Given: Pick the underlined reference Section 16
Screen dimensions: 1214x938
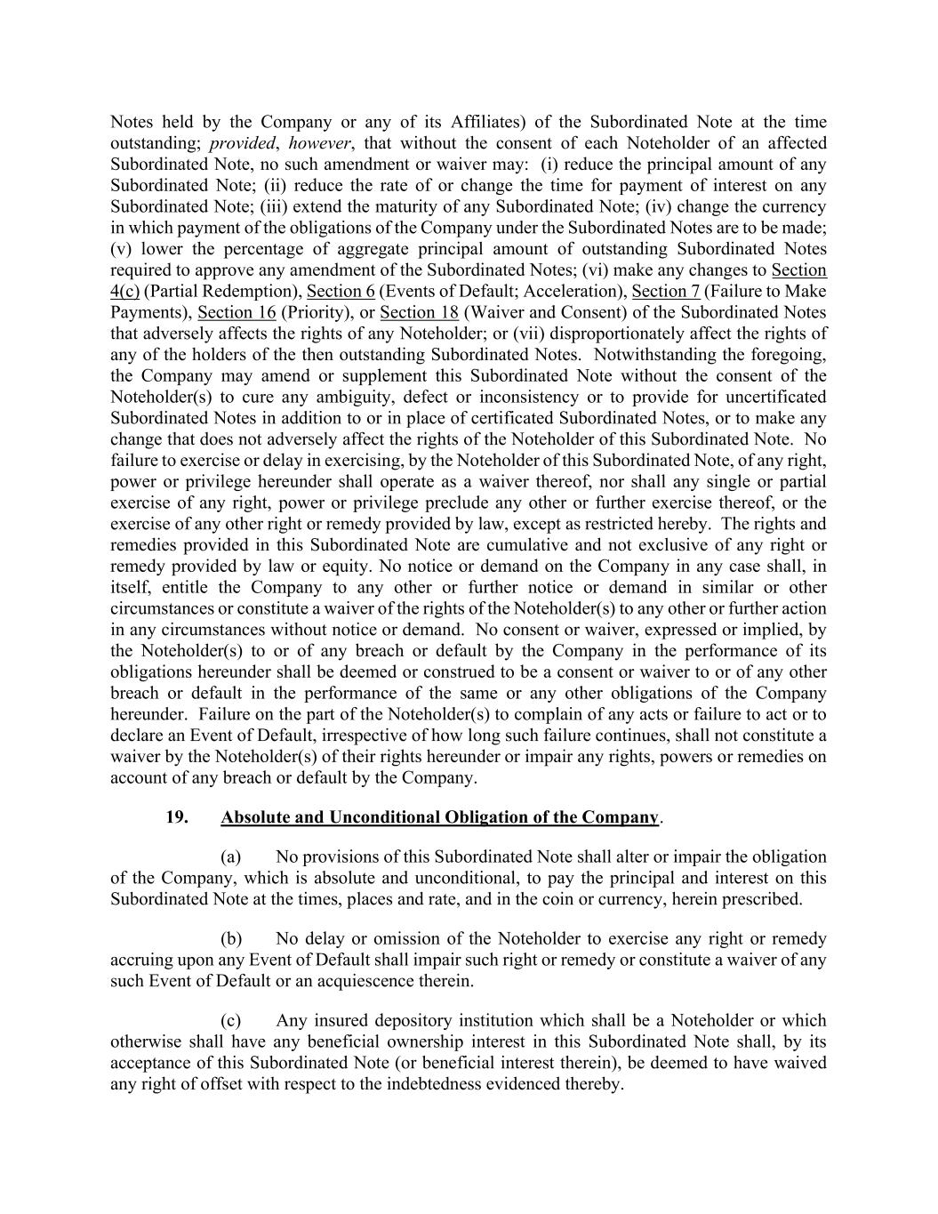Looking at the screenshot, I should click(237, 313).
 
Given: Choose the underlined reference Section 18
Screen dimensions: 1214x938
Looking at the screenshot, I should click(419, 313).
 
